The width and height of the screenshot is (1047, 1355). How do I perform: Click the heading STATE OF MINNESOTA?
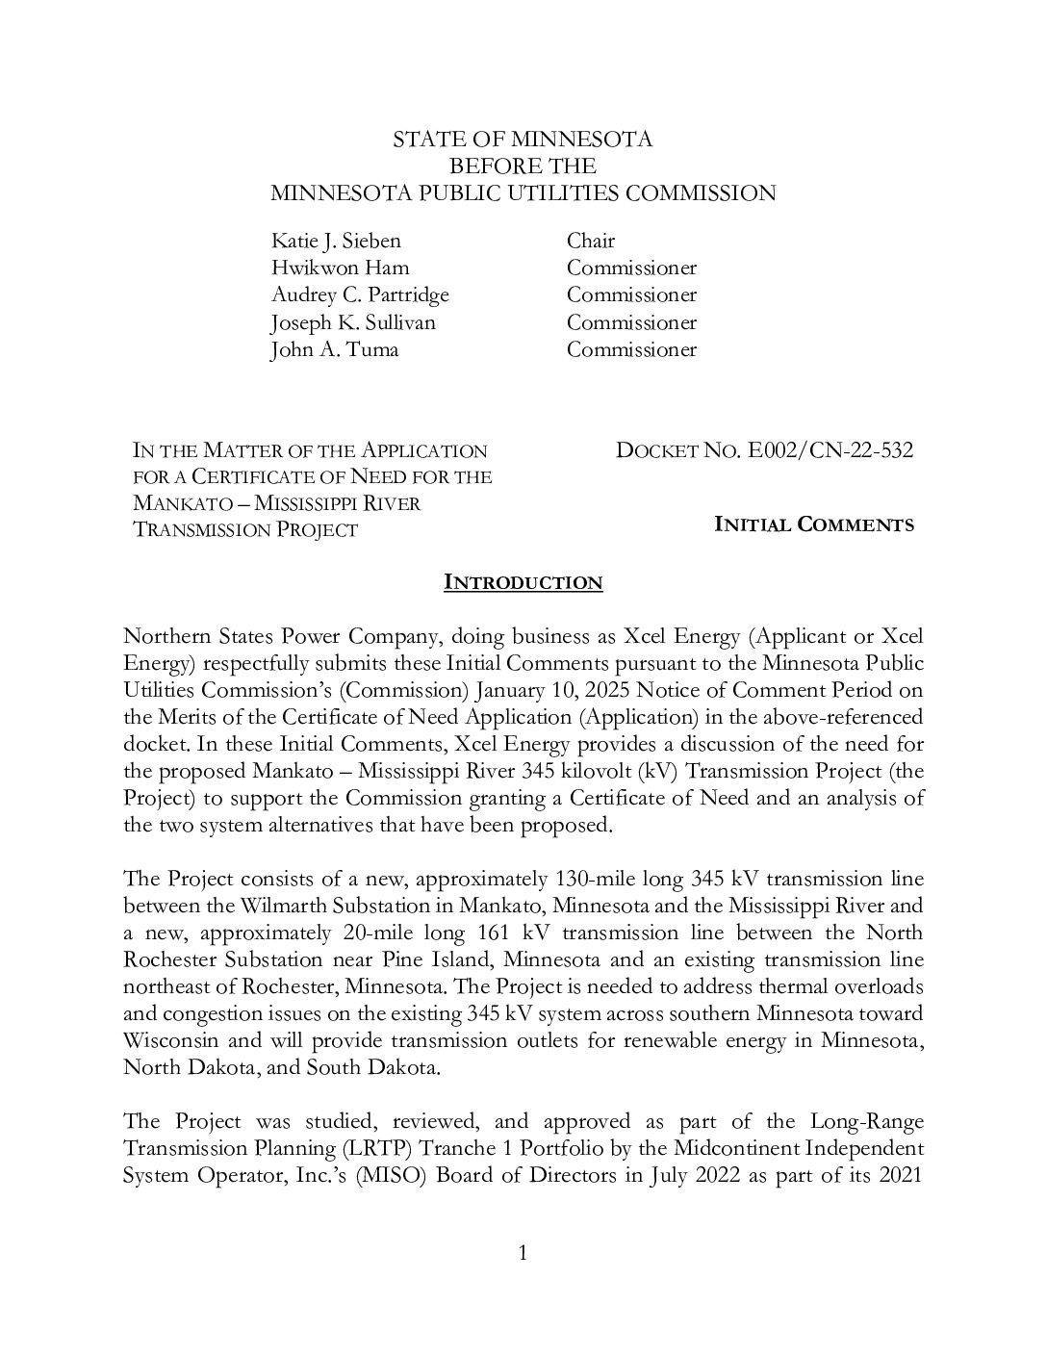(x=523, y=140)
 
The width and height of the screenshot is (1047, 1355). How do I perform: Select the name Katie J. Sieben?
(x=336, y=241)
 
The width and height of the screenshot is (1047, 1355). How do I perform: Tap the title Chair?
(x=590, y=241)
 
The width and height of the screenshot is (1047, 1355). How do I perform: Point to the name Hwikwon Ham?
(x=340, y=268)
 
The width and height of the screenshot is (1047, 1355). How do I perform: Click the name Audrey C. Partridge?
(x=360, y=294)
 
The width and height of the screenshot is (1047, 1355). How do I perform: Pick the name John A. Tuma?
(x=334, y=349)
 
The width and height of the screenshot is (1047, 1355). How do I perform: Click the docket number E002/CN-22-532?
(x=830, y=450)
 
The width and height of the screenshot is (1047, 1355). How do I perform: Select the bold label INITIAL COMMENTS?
(x=814, y=524)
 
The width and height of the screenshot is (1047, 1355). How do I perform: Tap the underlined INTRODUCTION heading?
(x=523, y=582)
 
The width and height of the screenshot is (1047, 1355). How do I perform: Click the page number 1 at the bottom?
(x=523, y=1252)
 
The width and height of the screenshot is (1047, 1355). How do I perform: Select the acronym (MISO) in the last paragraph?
(x=390, y=1175)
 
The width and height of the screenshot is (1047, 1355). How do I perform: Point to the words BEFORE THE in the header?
(x=523, y=166)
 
